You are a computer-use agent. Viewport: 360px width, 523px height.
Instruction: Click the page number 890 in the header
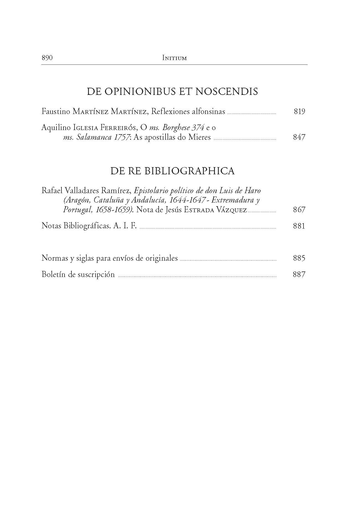coord(47,58)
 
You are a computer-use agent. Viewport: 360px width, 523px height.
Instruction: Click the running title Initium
coord(174,58)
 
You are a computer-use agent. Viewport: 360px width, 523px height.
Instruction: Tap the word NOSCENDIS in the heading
coord(227,91)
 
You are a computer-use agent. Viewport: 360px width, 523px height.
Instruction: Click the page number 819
coord(299,112)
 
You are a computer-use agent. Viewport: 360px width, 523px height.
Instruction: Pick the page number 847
coord(299,137)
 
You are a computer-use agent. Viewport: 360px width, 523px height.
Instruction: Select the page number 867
coord(299,209)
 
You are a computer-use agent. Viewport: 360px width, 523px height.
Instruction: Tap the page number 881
coord(299,226)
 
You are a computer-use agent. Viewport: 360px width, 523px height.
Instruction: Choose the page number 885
coord(299,258)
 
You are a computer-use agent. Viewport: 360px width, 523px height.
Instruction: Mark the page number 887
coord(299,275)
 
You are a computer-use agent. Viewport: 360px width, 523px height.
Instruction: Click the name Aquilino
coord(56,128)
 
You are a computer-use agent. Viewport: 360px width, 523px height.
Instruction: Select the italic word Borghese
coord(176,128)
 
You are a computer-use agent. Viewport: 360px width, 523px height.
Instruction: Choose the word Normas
coord(55,258)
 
